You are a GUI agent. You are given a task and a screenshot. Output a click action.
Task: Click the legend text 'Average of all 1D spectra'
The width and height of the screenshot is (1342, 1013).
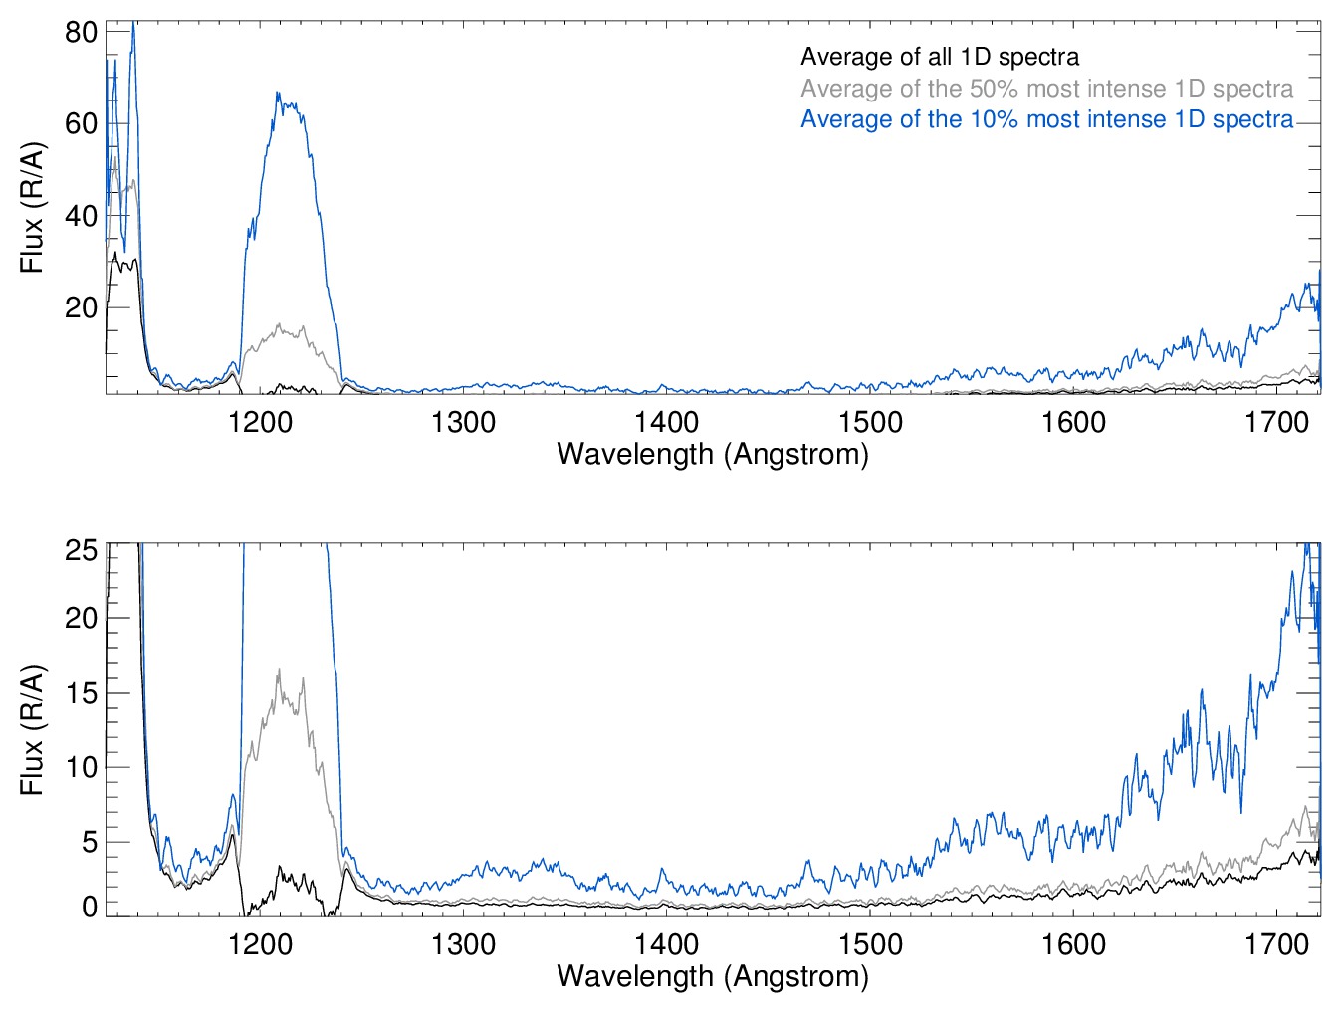939,57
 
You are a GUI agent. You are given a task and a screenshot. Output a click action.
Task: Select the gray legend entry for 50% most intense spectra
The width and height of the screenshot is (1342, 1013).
1046,89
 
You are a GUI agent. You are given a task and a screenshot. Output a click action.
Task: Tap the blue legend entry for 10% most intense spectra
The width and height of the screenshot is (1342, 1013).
1046,119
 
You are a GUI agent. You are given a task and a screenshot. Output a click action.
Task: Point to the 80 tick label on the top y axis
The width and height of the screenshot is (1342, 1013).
81,32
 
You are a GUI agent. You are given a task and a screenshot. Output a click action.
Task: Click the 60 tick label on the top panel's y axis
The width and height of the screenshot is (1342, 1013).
81,123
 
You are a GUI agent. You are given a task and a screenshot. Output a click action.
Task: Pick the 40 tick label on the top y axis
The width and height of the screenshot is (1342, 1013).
81,216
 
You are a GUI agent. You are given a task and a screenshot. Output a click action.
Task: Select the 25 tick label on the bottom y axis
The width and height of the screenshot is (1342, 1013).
81,550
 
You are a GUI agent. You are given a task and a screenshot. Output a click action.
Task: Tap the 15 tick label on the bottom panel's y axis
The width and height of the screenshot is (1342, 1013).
81,693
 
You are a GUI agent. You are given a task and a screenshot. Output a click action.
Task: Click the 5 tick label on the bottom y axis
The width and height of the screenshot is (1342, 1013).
90,842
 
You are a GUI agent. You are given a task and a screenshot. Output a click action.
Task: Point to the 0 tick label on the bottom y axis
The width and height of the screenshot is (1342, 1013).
90,907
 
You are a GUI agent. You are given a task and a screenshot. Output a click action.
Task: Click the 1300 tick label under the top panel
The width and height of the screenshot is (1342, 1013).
463,422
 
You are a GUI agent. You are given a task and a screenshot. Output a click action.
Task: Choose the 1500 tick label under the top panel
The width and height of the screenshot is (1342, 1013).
870,422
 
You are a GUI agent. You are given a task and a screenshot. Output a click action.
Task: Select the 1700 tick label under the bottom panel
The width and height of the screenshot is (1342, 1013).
1276,943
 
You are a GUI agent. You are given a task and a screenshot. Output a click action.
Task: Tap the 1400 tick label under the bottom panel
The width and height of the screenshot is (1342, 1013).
666,943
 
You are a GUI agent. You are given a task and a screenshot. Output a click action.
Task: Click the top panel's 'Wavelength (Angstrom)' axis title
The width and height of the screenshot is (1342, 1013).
713,454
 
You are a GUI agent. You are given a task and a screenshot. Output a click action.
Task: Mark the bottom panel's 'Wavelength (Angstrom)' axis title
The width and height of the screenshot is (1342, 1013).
713,976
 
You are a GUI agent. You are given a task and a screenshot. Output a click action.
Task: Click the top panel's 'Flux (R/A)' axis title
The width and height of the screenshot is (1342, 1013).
32,207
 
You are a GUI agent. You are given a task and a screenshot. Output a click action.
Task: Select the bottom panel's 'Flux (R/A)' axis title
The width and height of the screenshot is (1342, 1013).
32,729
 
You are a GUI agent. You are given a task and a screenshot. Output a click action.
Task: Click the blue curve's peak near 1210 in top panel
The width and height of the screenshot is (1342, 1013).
279,94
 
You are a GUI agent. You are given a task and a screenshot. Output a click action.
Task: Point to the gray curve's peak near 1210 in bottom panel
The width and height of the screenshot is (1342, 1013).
279,670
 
